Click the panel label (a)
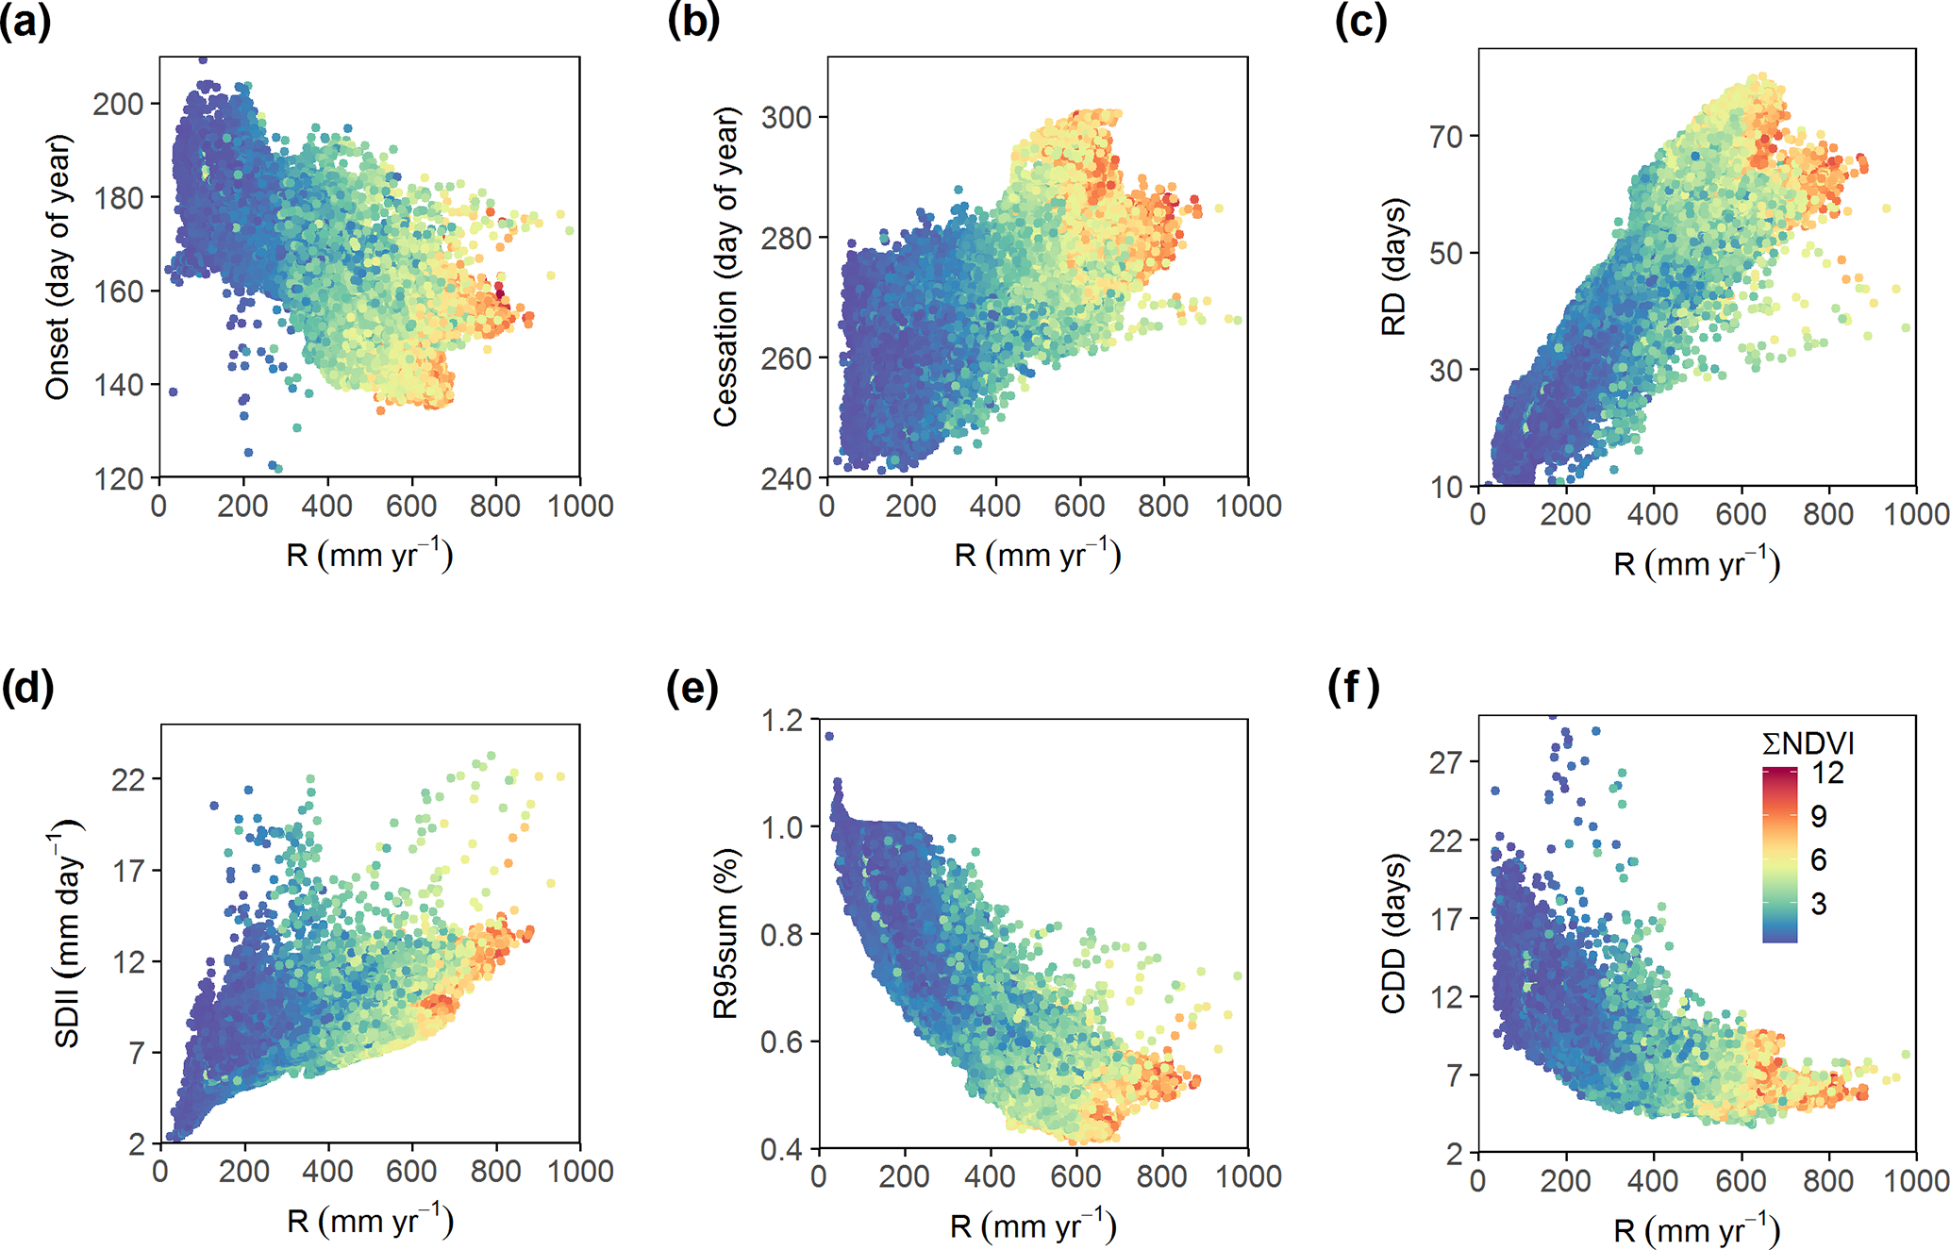click(25, 21)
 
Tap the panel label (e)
click(692, 688)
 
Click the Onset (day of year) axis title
click(58, 267)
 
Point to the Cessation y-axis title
click(725, 267)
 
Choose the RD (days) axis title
click(1393, 267)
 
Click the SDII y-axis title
click(66, 934)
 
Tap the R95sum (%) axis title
click(725, 934)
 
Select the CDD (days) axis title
click(1393, 934)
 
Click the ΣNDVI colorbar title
click(1808, 743)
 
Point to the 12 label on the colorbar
click(1826, 774)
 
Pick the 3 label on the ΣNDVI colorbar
click(1818, 904)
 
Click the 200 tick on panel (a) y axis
click(118, 104)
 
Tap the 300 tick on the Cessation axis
click(786, 117)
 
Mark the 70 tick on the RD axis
click(1445, 137)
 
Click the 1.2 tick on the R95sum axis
click(781, 721)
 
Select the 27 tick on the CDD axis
click(1445, 761)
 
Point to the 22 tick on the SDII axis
click(129, 779)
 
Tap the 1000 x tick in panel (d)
click(580, 1172)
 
